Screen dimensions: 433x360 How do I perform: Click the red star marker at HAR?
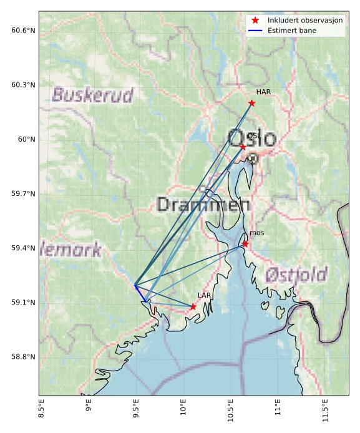[251, 103]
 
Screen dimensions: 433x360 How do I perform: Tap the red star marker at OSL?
[243, 147]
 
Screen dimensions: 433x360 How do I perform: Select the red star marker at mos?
[245, 244]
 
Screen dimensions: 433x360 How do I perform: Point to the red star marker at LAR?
[193, 307]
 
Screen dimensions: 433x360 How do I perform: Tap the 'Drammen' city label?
[203, 205]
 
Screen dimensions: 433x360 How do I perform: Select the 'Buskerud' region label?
[92, 95]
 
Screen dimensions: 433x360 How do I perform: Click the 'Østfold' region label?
[296, 275]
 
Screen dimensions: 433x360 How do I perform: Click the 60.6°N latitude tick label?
[23, 31]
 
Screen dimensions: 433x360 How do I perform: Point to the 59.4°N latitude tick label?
[23, 248]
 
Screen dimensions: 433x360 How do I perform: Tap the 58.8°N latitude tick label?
[23, 357]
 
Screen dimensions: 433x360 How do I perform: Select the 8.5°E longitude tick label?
[41, 412]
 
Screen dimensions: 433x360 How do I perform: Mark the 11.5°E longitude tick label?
[324, 412]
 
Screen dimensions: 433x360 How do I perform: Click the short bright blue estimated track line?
[140, 294]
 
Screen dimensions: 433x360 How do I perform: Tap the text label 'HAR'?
[263, 92]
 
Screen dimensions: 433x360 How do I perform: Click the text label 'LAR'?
[204, 296]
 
